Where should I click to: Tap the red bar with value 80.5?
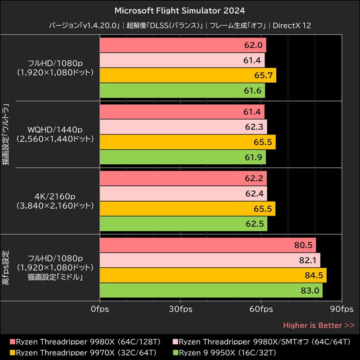(x=207, y=246)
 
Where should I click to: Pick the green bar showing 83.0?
(x=211, y=291)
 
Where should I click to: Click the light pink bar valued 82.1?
(x=209, y=261)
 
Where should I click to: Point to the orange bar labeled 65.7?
(x=187, y=75)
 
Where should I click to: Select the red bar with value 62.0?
(x=182, y=45)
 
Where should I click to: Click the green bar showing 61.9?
(x=182, y=157)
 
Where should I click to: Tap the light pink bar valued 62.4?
(x=183, y=194)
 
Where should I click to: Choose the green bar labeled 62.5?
(x=183, y=224)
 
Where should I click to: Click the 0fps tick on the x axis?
(x=99, y=309)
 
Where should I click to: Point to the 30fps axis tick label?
(x=180, y=309)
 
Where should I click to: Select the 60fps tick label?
(x=261, y=309)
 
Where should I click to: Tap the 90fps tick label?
(x=342, y=309)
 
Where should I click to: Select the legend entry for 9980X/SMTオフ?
(x=261, y=342)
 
